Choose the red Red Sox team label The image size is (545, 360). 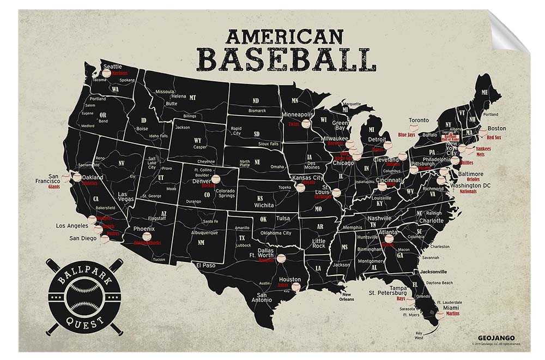(494, 137)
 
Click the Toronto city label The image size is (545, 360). (419, 120)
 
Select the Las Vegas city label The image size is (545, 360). (130, 197)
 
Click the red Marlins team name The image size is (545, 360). (452, 314)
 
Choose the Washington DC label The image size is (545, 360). (470, 185)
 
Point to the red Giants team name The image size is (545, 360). (53, 187)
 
